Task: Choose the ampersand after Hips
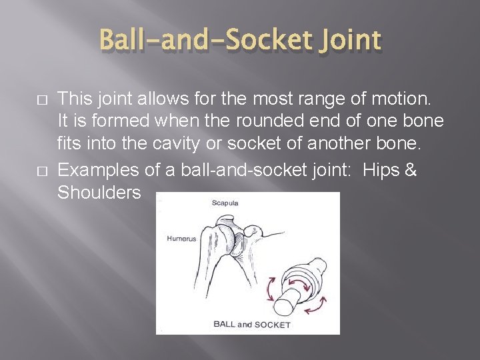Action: pos(411,170)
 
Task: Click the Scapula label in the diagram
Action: pos(226,203)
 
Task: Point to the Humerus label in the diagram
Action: pos(181,239)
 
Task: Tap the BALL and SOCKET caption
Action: pos(251,325)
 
